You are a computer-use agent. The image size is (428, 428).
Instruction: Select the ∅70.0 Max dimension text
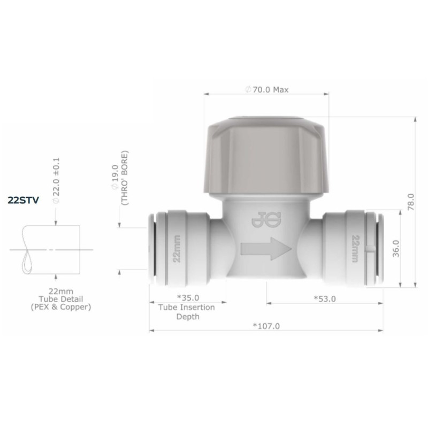(x=267, y=89)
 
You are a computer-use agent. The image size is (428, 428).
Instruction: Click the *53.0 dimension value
(x=325, y=299)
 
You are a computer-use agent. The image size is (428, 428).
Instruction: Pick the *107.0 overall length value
(x=266, y=326)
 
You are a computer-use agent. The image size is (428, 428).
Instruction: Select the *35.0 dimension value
(x=188, y=298)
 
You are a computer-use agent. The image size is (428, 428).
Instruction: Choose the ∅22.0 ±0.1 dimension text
(x=56, y=179)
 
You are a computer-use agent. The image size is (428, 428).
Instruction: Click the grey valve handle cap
(x=266, y=155)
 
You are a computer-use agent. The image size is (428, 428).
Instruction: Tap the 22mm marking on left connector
(x=177, y=249)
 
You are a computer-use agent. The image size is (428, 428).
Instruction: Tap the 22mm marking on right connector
(x=354, y=249)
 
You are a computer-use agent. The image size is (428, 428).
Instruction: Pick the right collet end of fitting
(x=379, y=249)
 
